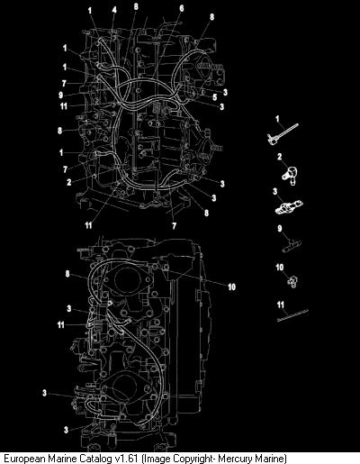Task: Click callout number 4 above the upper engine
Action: [114, 10]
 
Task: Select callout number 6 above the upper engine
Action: [182, 8]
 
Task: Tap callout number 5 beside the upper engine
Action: [215, 97]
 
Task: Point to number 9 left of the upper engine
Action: [61, 95]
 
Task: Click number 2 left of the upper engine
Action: [69, 182]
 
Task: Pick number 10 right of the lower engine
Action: [231, 287]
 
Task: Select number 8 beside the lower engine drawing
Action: [67, 274]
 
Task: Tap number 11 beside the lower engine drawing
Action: [61, 324]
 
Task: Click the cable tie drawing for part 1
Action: [283, 134]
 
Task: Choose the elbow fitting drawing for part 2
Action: [290, 175]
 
